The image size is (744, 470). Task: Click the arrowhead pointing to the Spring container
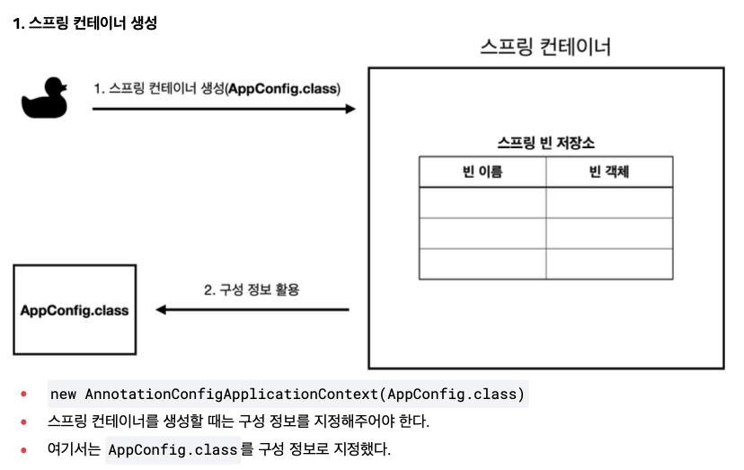tap(350, 110)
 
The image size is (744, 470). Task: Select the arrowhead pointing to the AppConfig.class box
tap(162, 310)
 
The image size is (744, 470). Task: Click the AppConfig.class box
tap(75, 309)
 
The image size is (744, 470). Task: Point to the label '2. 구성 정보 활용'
tap(252, 289)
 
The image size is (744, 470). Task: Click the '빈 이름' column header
tap(483, 172)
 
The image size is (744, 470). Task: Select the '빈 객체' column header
tap(609, 172)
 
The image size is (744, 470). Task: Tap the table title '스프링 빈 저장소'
tap(545, 142)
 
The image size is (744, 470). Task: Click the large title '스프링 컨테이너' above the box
tap(545, 47)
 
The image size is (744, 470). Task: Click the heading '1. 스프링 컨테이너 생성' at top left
tap(85, 22)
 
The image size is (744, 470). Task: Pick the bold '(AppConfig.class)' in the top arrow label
tap(283, 89)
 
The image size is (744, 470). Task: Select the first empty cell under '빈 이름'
tap(483, 203)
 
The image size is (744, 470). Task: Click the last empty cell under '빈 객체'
tap(609, 264)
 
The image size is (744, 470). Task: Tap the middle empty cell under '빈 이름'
tap(483, 234)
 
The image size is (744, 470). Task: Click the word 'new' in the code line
tap(63, 394)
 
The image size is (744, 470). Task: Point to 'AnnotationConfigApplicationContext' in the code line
tap(232, 394)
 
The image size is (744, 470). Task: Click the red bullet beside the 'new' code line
tap(23, 394)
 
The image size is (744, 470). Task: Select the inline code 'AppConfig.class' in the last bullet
tap(173, 449)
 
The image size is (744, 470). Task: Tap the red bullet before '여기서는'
tap(23, 449)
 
